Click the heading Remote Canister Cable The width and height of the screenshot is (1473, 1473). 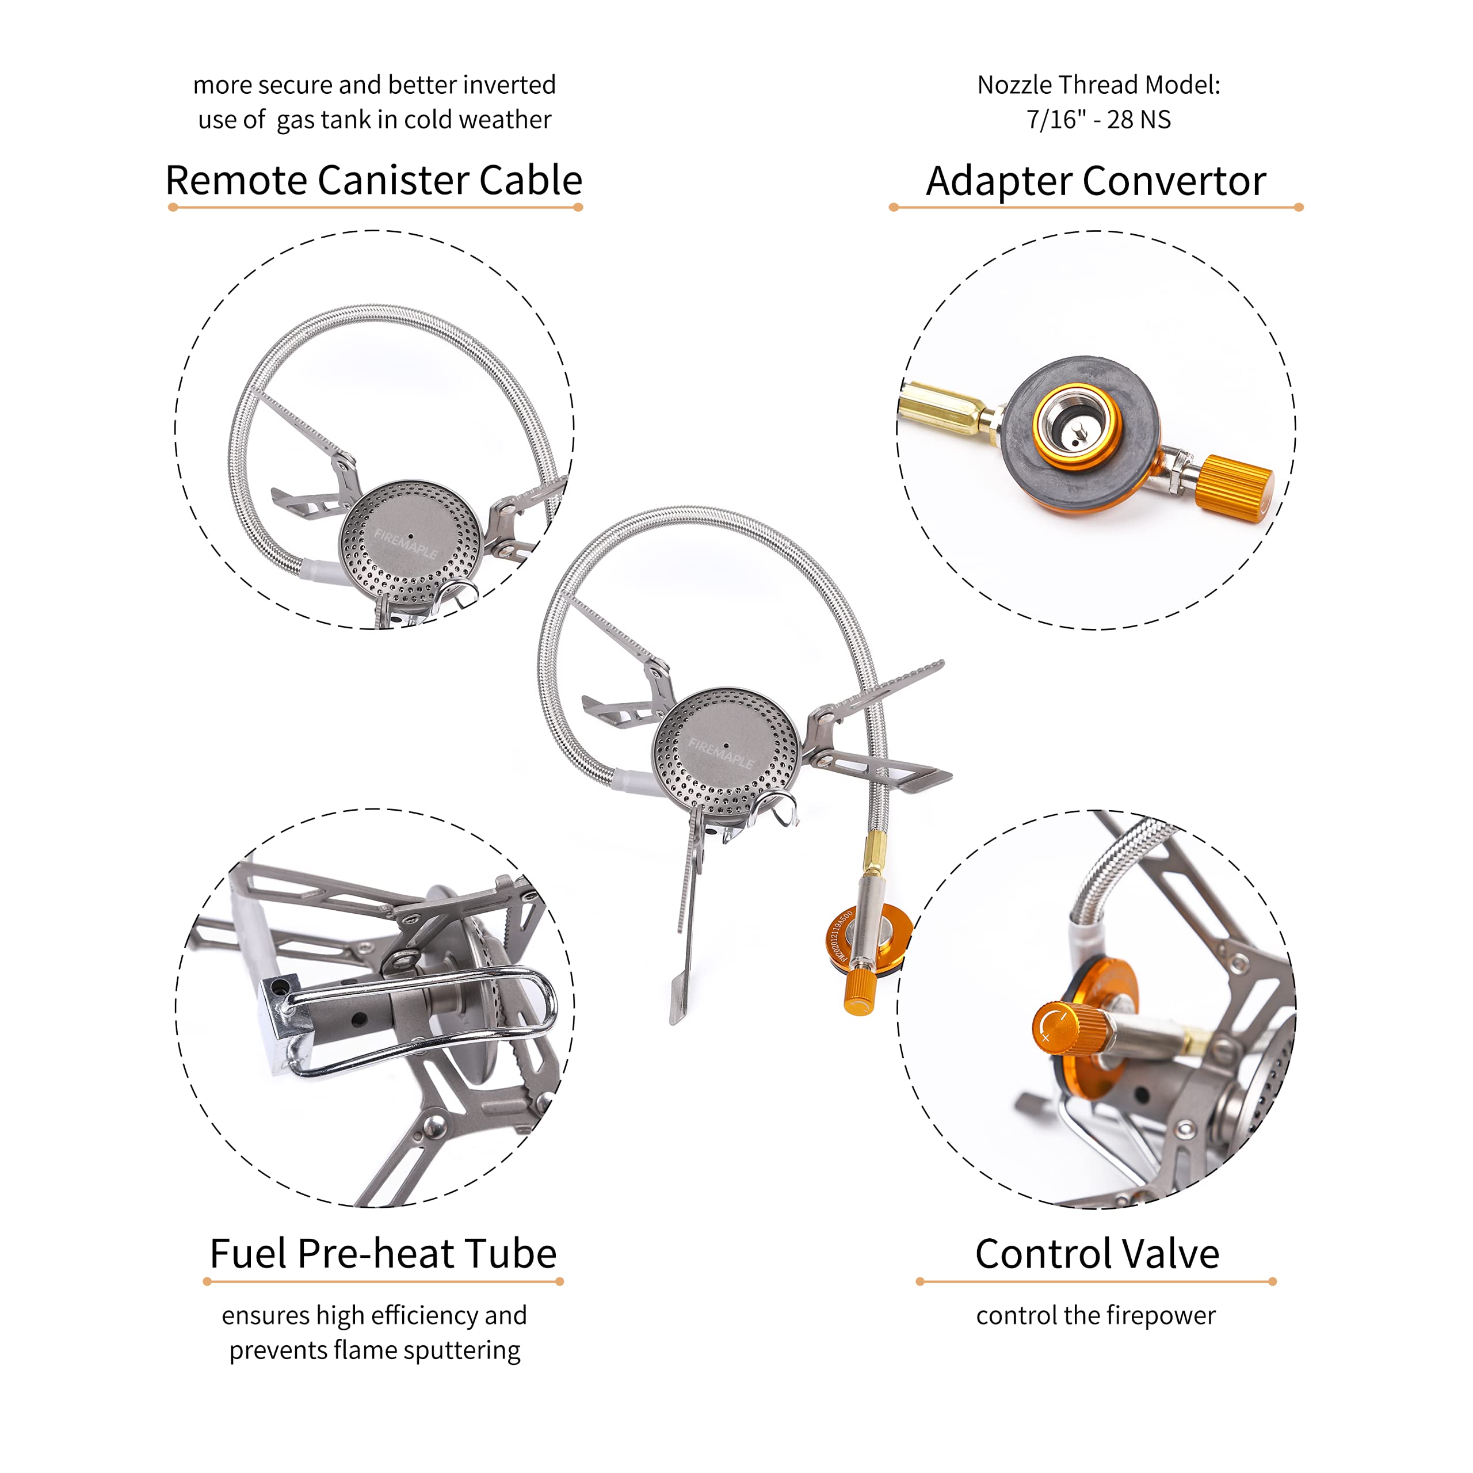[373, 181]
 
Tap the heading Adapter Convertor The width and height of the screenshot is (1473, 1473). [1096, 181]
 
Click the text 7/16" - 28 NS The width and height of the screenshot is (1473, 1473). [1098, 120]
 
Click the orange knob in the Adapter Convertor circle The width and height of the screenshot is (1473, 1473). [1233, 489]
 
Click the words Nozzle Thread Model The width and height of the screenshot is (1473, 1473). [1098, 85]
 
